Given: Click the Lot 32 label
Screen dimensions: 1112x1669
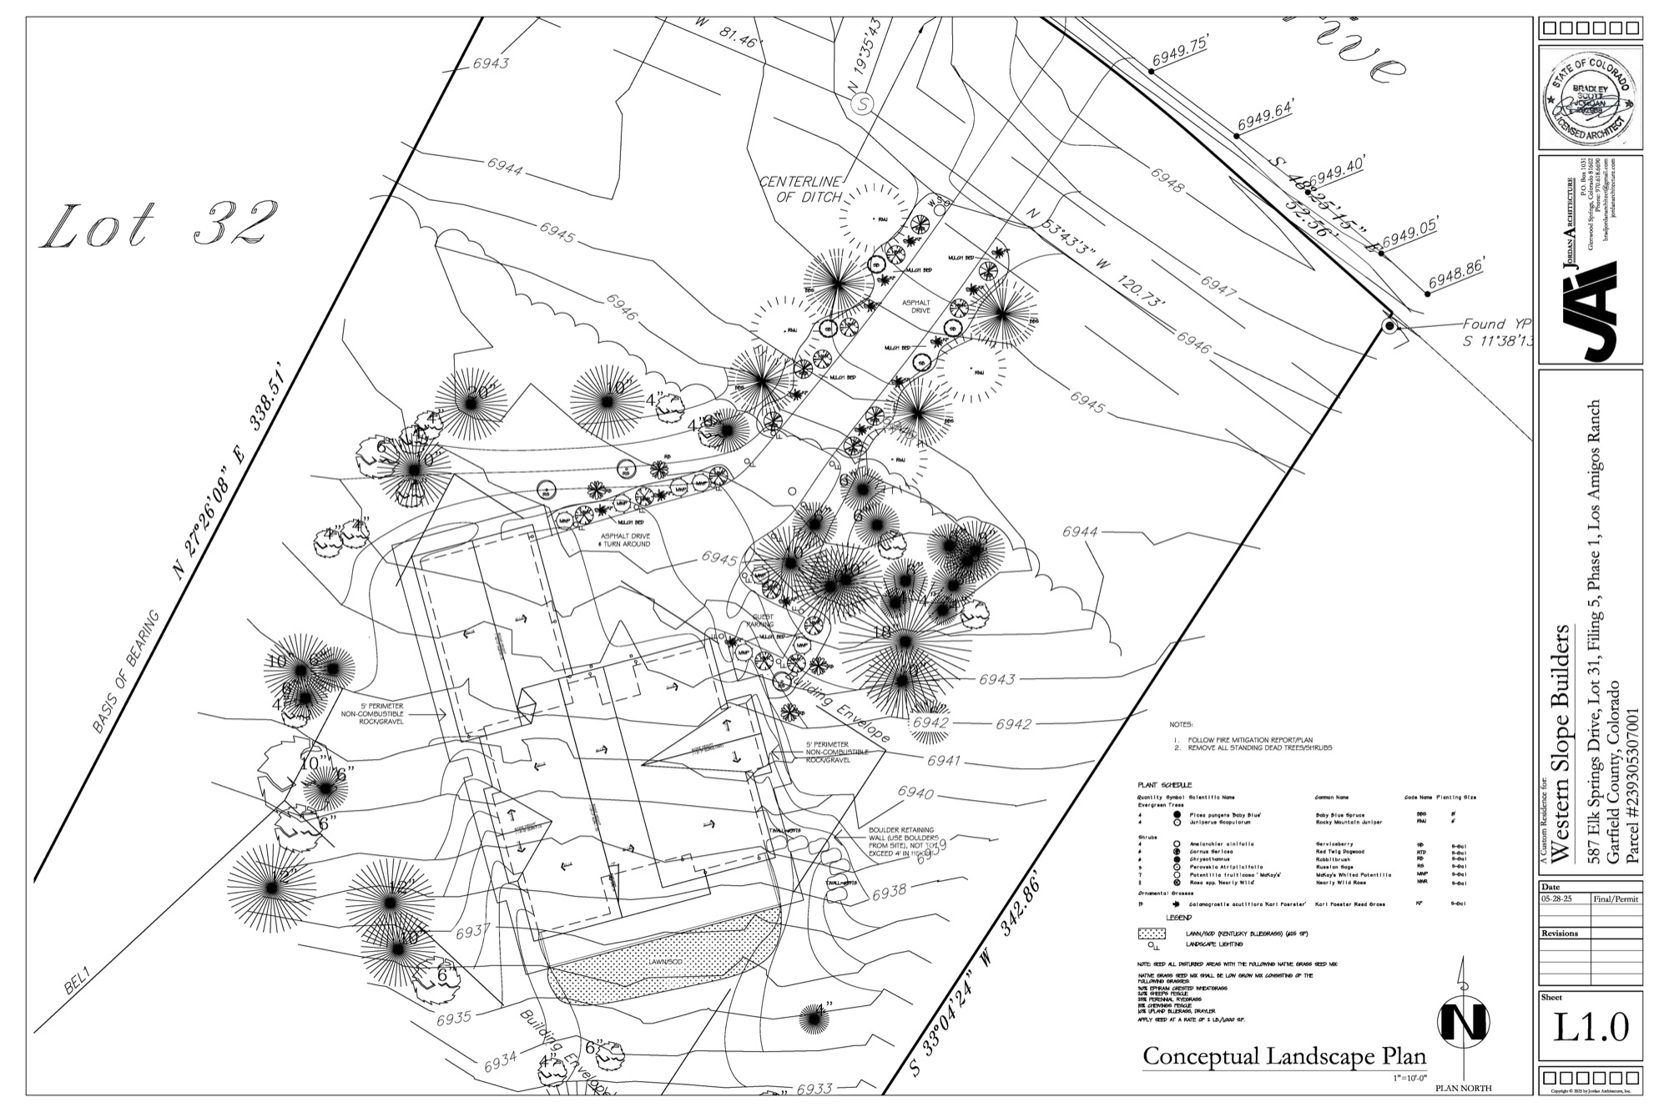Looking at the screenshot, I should (159, 224).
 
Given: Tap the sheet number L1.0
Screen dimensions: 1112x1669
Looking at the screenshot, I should (1591, 1027).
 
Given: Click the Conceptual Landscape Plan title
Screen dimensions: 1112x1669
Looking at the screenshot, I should (1284, 1056).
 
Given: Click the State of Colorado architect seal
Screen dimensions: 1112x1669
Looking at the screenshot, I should (1590, 98).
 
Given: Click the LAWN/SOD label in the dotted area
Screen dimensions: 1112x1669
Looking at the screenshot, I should (663, 962).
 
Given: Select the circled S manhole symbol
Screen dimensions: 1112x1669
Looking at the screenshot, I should (861, 104).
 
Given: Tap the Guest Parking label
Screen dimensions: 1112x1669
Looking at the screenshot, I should (759, 620).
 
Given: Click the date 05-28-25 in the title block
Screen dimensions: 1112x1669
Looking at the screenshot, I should (1562, 900).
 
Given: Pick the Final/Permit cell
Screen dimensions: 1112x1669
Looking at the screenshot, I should (1616, 900).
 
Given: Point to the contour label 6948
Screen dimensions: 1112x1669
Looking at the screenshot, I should (1167, 180).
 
